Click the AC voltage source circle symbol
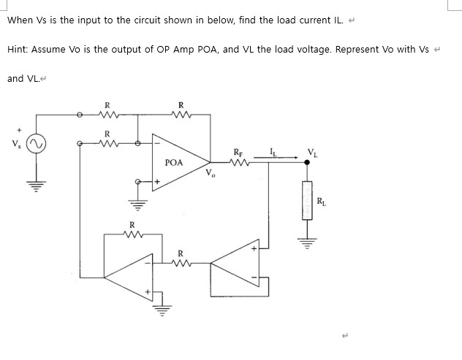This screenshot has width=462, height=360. (36, 143)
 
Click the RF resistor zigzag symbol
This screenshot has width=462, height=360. (239, 164)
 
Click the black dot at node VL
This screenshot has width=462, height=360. (307, 164)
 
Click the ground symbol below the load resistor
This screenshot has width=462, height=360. (307, 238)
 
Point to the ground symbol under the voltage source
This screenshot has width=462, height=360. (36, 182)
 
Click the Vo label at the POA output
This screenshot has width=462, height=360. (211, 174)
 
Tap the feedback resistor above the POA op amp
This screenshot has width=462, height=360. (181, 114)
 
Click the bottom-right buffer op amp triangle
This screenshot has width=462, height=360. (238, 271)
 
